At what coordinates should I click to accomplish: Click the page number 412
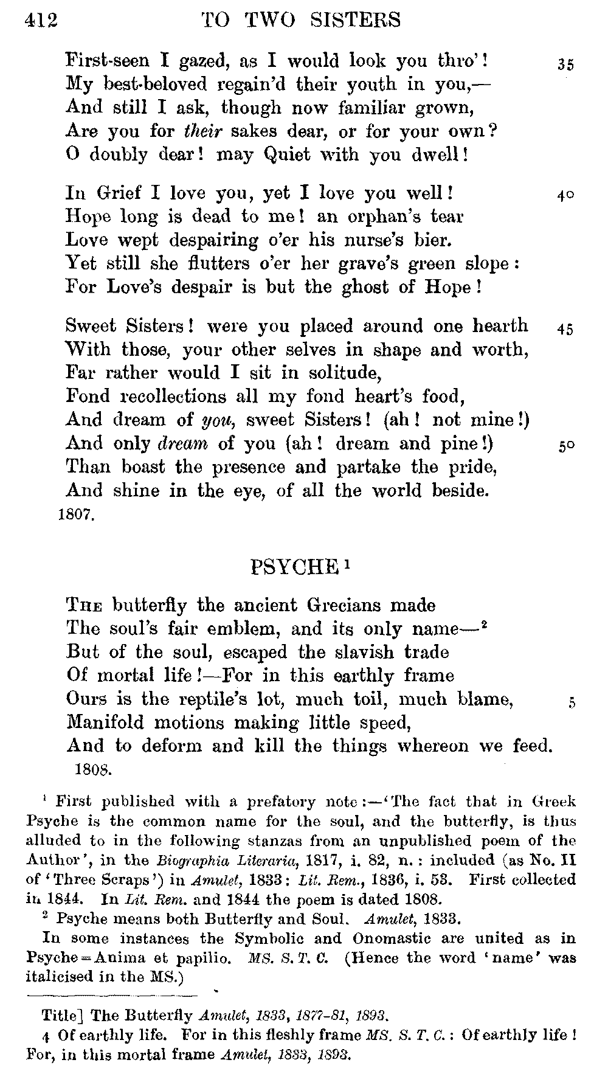coord(41,21)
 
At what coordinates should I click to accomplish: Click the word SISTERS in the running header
coord(356,21)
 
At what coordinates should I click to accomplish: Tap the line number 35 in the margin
coord(565,66)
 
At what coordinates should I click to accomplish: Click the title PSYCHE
coord(293,567)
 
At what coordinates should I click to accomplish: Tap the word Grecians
coord(345,606)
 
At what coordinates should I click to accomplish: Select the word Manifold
coord(105,723)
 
